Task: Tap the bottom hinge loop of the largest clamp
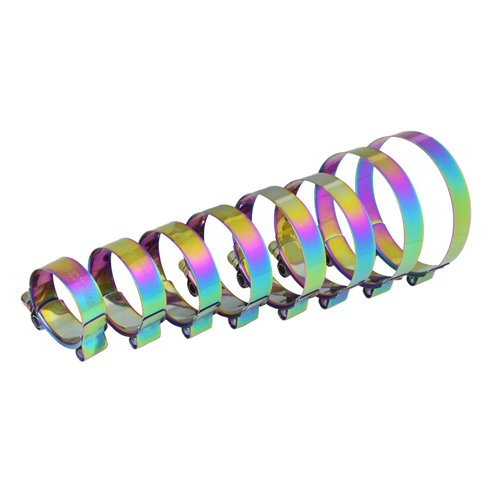coord(411,280)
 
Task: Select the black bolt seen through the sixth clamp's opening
coord(282,268)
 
